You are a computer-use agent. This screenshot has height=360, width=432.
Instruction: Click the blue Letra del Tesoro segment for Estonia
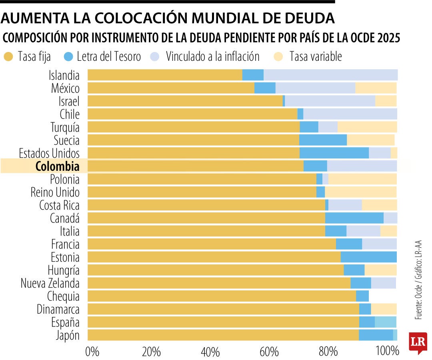(x=368, y=257)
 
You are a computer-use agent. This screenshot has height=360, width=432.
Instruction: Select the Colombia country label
(x=57, y=166)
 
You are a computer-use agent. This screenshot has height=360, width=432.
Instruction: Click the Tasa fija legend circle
(x=8, y=57)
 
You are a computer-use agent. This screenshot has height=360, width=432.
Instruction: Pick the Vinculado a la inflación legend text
(x=212, y=57)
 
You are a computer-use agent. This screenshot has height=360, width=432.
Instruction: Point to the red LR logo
(x=418, y=342)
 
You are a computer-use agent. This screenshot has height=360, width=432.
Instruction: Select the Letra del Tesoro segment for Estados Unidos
(x=334, y=153)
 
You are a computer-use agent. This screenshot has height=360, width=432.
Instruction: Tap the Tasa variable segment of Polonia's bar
(x=362, y=179)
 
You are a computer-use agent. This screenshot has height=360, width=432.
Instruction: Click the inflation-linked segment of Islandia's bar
(x=330, y=75)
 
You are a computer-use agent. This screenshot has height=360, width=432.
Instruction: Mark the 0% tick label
(x=92, y=352)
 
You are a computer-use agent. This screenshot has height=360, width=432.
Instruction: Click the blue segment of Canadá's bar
(x=354, y=218)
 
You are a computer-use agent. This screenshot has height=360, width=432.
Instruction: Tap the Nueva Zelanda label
(x=50, y=283)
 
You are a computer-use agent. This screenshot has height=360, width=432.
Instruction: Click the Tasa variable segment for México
(x=376, y=88)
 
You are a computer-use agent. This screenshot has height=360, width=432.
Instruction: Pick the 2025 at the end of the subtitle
(x=388, y=38)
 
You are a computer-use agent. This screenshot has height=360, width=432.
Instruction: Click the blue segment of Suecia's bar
(x=323, y=140)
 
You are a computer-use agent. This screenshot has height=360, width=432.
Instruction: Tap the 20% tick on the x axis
(x=151, y=352)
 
